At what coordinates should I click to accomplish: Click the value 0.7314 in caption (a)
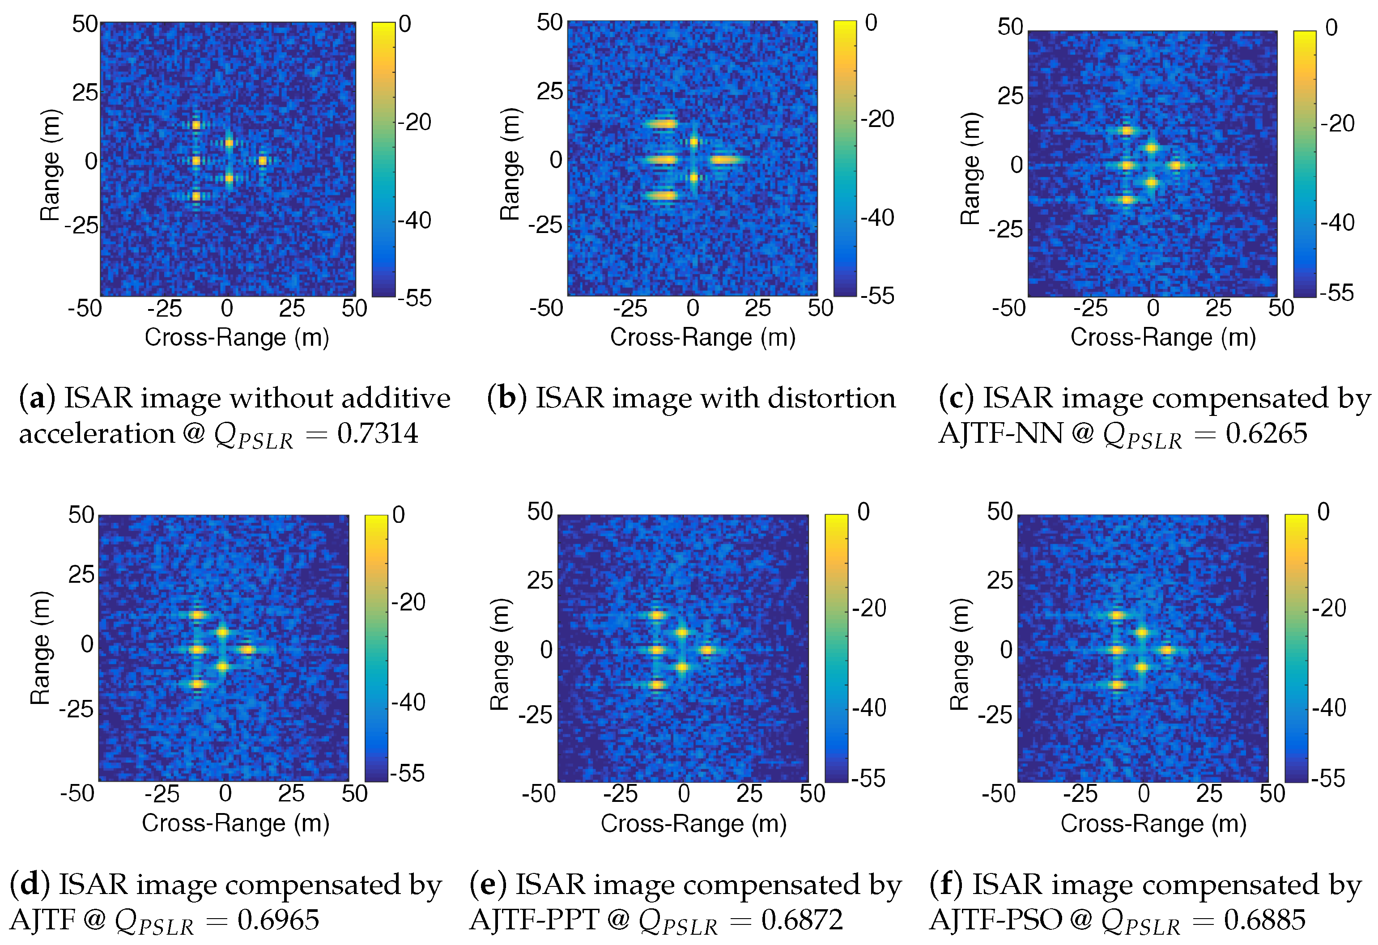(x=377, y=434)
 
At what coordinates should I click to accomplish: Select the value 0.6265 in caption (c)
(x=1266, y=434)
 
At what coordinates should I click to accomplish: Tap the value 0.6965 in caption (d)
(x=278, y=920)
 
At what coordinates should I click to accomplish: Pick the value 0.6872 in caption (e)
(x=802, y=920)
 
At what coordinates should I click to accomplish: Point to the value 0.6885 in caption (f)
(x=1264, y=920)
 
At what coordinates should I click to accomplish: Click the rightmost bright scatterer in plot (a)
(x=262, y=161)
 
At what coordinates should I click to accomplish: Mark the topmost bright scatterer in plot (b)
(x=661, y=124)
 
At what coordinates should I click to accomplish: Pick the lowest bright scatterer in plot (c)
(x=1127, y=200)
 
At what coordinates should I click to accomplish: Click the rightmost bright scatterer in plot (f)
(x=1167, y=650)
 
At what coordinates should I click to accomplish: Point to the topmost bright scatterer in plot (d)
(x=197, y=615)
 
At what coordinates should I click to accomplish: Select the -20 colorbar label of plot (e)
(x=869, y=608)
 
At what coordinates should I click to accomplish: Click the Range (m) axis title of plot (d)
(x=40, y=648)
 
